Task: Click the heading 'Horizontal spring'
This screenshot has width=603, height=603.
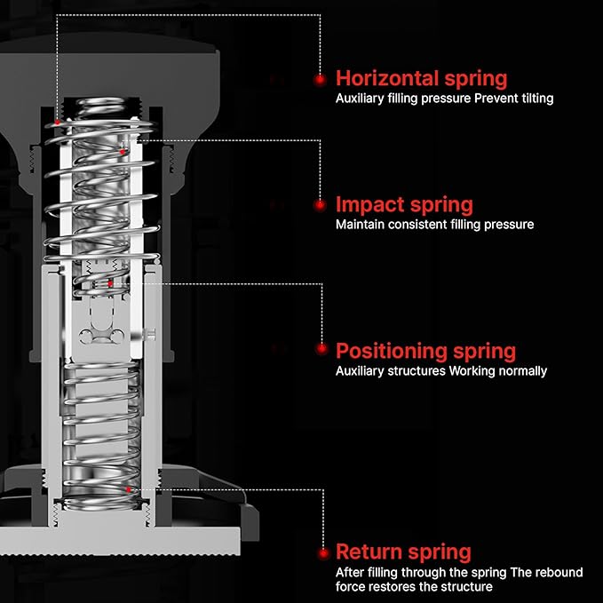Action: pos(422,80)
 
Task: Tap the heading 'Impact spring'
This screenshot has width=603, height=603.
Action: pos(404,205)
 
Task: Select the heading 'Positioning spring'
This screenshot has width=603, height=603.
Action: pos(425,352)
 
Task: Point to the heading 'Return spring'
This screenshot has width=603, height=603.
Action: pos(403,552)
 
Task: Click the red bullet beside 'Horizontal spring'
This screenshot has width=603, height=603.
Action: pos(320,80)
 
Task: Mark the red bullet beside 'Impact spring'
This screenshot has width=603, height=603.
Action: pos(320,205)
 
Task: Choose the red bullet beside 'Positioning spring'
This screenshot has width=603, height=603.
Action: pos(321,349)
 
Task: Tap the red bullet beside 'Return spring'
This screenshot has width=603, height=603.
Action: pos(323,554)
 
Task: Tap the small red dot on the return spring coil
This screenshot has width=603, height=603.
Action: pos(129,489)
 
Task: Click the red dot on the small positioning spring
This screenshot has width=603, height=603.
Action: pos(110,284)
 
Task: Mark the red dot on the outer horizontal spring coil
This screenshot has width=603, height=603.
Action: pos(58,123)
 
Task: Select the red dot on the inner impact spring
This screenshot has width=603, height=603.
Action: pos(123,152)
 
